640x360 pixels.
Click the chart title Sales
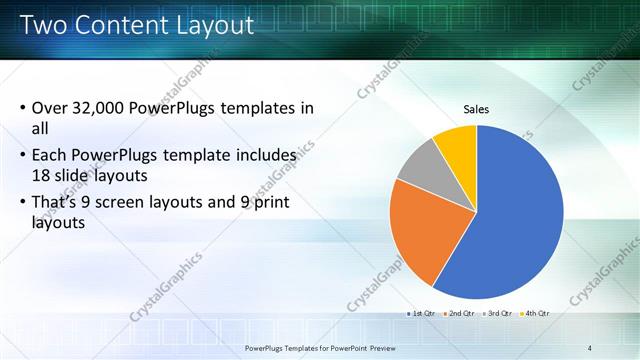(476, 109)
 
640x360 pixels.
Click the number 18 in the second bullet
(42, 176)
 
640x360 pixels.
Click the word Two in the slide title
(41, 25)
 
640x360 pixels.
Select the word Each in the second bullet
(50, 156)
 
